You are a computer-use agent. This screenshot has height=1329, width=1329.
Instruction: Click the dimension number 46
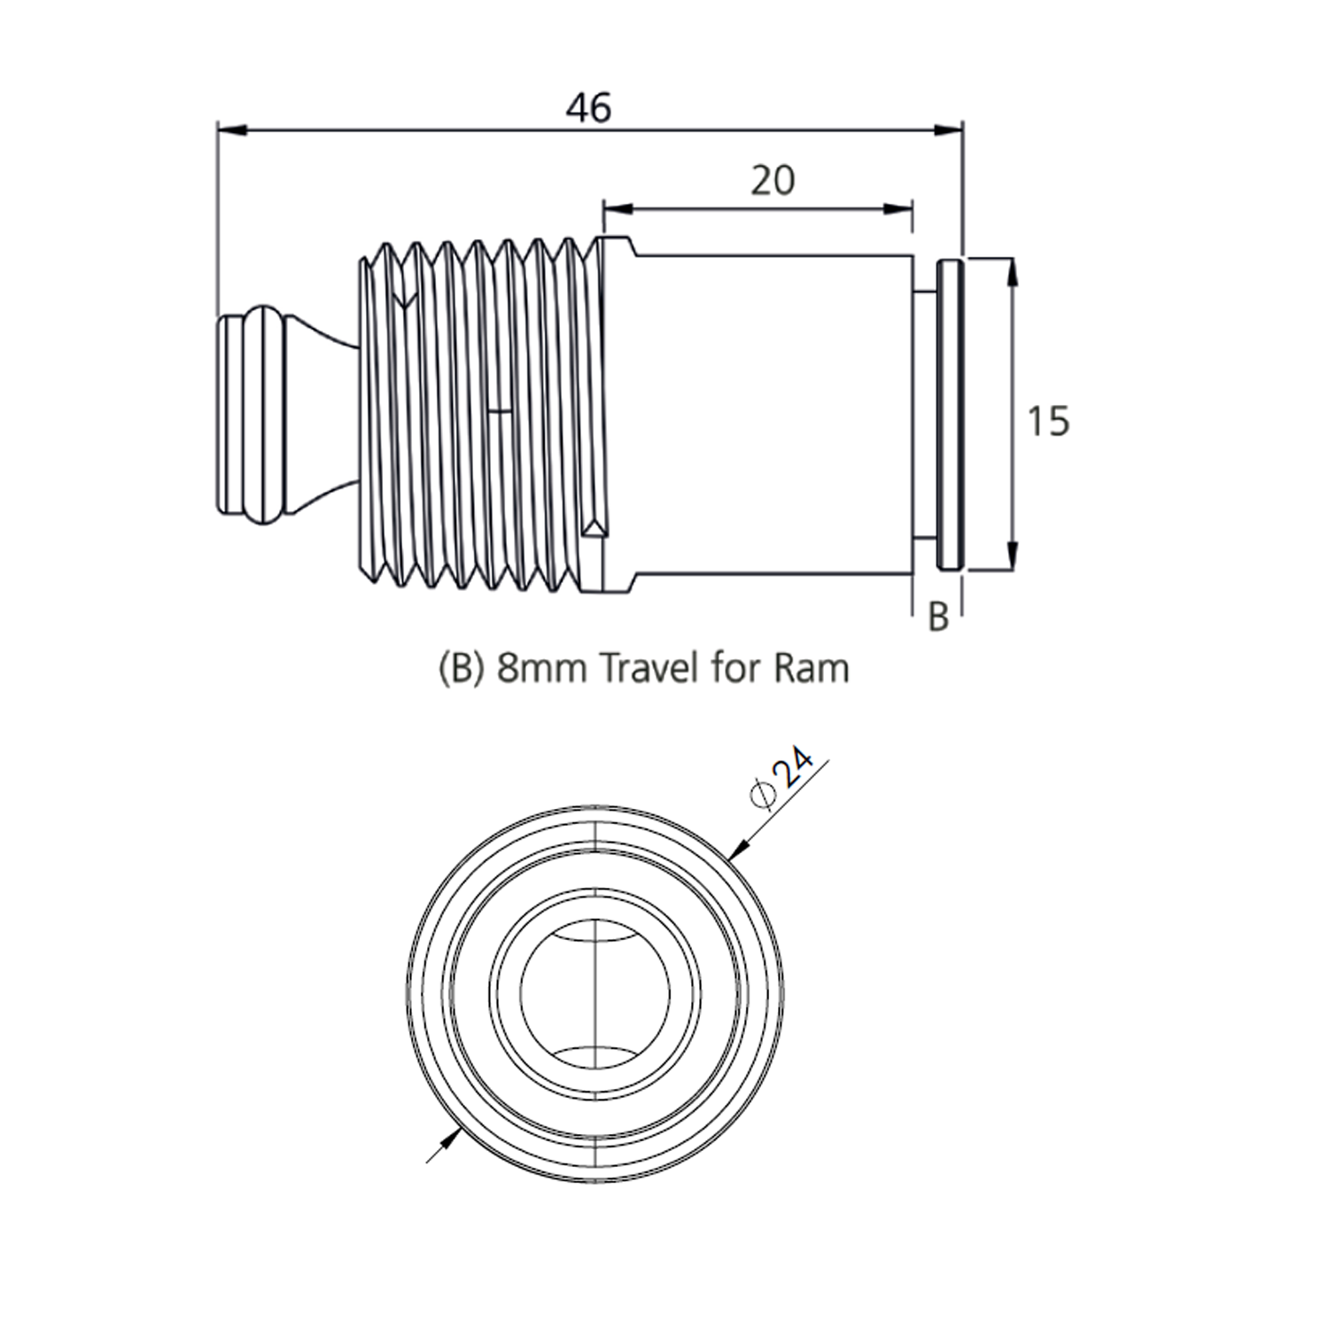click(589, 108)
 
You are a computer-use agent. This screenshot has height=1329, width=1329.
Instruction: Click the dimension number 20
click(773, 181)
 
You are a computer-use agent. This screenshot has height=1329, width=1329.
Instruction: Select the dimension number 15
click(1048, 421)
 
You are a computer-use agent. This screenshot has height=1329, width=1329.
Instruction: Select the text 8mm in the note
click(541, 667)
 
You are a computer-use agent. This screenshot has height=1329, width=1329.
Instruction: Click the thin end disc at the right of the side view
click(949, 414)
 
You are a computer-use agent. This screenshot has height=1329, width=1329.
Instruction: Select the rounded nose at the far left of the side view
click(253, 414)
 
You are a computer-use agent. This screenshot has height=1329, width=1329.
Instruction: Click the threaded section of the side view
click(478, 414)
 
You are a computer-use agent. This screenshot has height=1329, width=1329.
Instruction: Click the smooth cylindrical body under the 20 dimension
click(771, 414)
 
